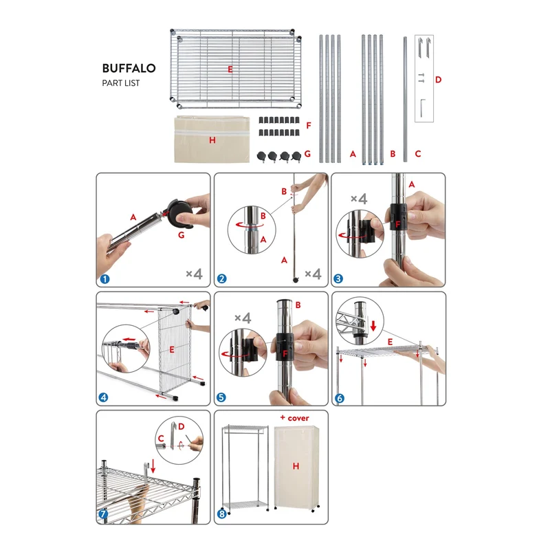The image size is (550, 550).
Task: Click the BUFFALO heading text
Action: pyautogui.click(x=129, y=68)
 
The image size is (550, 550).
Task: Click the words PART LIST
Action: pyautogui.click(x=121, y=83)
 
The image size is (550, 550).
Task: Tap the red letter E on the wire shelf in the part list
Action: pyautogui.click(x=230, y=69)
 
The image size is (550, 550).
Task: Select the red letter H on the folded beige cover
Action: pyautogui.click(x=212, y=140)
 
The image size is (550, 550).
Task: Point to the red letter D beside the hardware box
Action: pyautogui.click(x=438, y=80)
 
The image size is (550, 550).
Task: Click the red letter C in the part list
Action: pyautogui.click(x=418, y=153)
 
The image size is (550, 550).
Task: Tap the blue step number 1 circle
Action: pyautogui.click(x=105, y=279)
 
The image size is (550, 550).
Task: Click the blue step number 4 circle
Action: pyautogui.click(x=104, y=397)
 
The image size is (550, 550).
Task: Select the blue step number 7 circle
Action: pyautogui.click(x=103, y=514)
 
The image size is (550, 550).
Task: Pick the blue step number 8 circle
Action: pyautogui.click(x=221, y=514)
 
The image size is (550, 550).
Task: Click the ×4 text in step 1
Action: pyautogui.click(x=194, y=274)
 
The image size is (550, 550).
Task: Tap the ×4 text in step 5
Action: pyautogui.click(x=243, y=318)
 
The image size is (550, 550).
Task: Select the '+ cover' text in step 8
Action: pyautogui.click(x=295, y=418)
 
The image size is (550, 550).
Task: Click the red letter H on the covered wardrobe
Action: pyautogui.click(x=296, y=466)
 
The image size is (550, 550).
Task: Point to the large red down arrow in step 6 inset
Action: pyautogui.click(x=373, y=324)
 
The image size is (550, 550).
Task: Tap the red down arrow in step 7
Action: pyautogui.click(x=153, y=466)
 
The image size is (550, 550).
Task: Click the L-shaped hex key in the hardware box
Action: pyautogui.click(x=422, y=108)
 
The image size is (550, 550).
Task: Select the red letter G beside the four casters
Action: pyautogui.click(x=307, y=153)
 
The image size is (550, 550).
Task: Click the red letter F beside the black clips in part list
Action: pyautogui.click(x=309, y=125)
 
